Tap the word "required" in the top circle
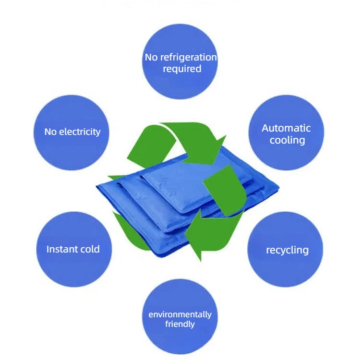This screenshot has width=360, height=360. (182, 69)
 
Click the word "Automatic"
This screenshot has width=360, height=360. (286, 128)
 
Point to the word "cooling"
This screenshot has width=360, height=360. (287, 140)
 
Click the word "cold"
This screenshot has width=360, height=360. (90, 249)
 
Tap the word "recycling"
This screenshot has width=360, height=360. (287, 250)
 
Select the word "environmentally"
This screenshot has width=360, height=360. (180, 314)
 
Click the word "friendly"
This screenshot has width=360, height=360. (180, 324)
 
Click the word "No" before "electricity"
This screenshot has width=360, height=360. (50, 132)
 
